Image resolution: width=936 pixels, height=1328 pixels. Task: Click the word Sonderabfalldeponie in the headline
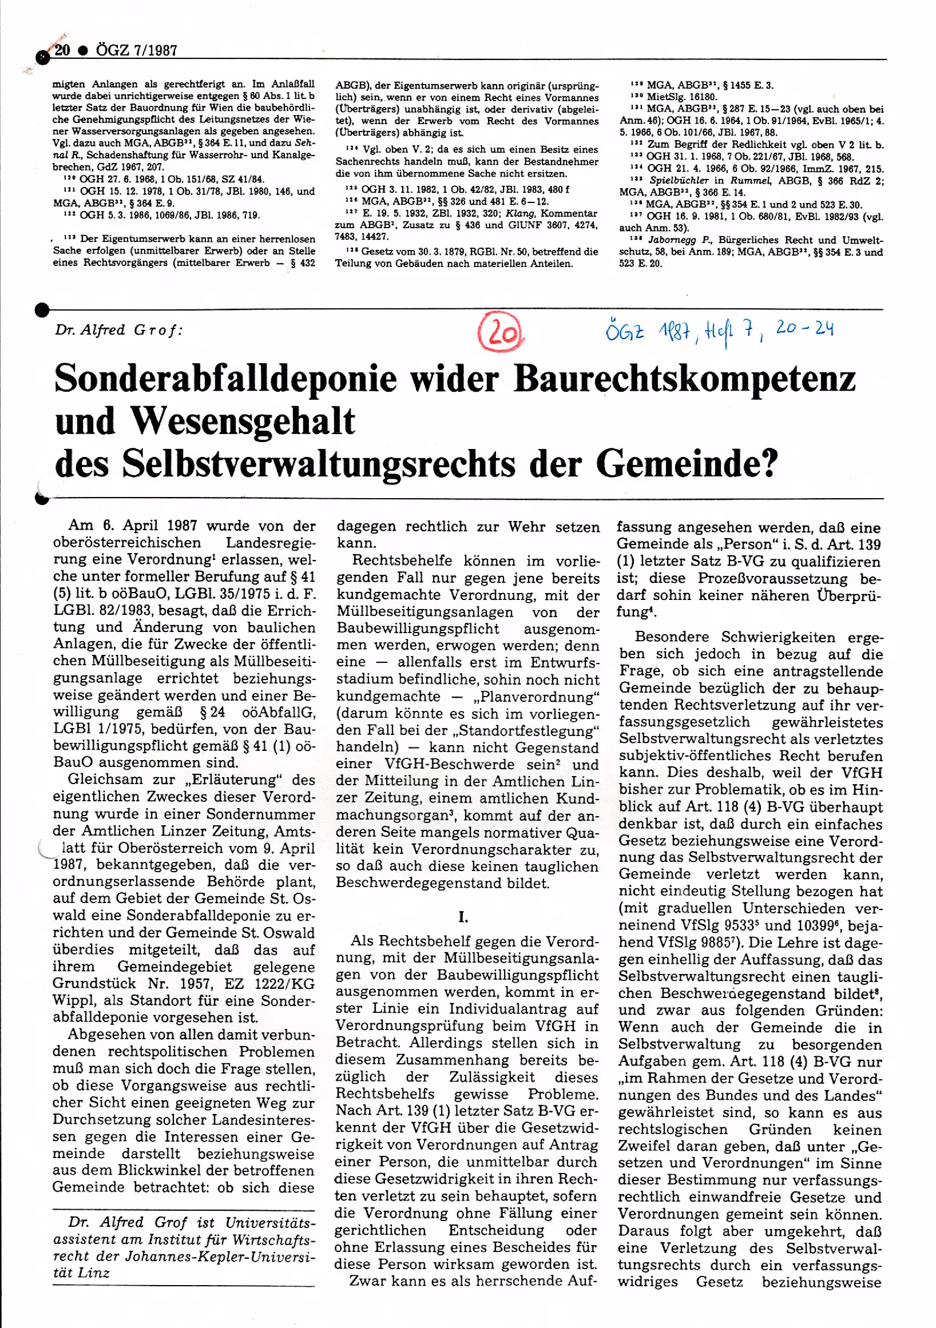pos(225,379)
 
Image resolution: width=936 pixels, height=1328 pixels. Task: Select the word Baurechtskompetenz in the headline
pos(684,379)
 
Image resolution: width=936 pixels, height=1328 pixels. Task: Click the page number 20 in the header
pos(62,50)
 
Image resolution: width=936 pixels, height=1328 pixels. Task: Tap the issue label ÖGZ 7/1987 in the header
pos(137,50)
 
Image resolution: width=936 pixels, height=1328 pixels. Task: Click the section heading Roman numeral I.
pos(463,917)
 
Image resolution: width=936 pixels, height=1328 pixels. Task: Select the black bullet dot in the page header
pos(83,51)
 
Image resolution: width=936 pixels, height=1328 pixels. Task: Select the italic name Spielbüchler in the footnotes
pos(679,181)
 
